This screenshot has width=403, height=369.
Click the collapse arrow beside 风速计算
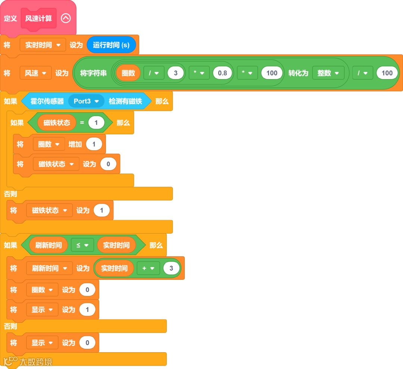tap(66, 18)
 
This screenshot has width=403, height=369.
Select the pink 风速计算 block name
tap(38, 18)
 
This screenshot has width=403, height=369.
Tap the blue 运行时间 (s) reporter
tap(111, 45)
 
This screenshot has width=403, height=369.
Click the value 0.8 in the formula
tap(222, 73)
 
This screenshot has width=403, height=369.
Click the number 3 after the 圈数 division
tap(176, 73)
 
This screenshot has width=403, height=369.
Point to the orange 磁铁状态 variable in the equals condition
tap(57, 123)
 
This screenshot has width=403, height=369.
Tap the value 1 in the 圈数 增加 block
tap(94, 144)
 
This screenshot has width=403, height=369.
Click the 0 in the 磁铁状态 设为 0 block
tap(108, 164)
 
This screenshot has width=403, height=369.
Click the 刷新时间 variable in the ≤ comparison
tap(49, 245)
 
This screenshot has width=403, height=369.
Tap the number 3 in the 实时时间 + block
tap(171, 268)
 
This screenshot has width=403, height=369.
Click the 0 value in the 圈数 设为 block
tap(87, 290)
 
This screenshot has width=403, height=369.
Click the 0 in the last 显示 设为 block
tap(87, 343)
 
